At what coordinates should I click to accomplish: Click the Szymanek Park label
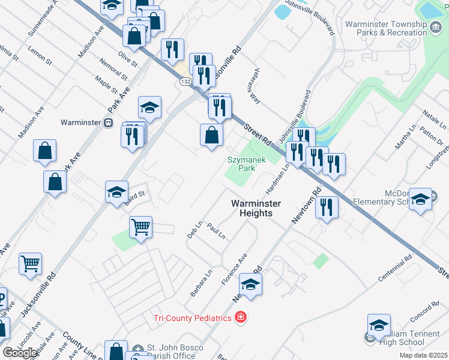[x=242, y=164]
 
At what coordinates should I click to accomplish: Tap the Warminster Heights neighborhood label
[x=256, y=208]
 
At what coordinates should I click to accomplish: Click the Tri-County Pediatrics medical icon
[x=241, y=317]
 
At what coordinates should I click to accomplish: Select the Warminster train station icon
[x=108, y=122]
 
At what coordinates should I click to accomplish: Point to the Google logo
[x=20, y=352]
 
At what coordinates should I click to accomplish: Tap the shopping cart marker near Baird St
[x=140, y=227]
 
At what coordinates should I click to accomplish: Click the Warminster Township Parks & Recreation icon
[x=435, y=26]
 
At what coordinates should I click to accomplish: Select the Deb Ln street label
[x=194, y=229]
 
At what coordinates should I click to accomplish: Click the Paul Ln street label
[x=215, y=230]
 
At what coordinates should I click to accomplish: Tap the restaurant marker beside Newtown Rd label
[x=326, y=207]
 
